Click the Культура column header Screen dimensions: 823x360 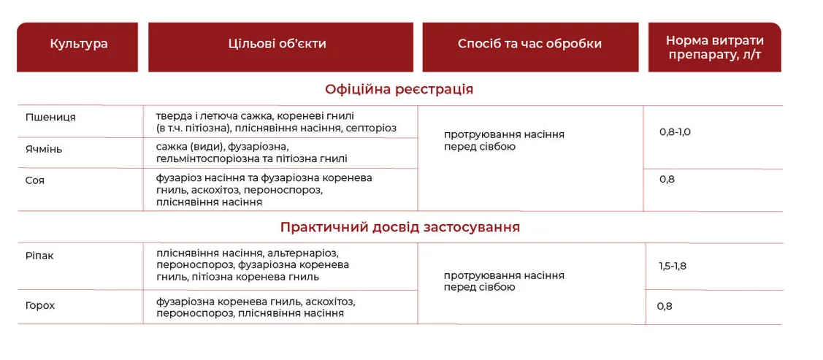(79, 44)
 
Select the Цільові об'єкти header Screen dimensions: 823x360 (277, 44)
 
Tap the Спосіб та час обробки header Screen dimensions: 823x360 (529, 44)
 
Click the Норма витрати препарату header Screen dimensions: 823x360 (715, 47)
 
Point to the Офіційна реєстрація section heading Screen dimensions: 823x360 (399, 89)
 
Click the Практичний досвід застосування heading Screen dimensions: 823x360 (400, 227)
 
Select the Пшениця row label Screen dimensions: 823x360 (50, 118)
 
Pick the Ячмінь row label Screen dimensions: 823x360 (44, 150)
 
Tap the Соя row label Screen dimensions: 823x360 (35, 180)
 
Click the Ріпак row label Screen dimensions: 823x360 (39, 256)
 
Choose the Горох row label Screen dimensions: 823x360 (40, 306)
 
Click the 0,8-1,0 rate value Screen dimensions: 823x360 (675, 132)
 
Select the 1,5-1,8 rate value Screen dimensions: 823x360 (673, 266)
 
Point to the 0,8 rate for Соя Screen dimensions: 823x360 (667, 180)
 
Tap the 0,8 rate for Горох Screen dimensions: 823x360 (665, 307)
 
